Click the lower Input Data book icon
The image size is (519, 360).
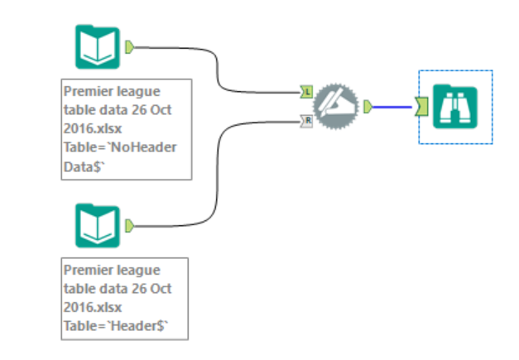[98, 223]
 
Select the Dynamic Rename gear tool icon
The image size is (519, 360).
[336, 105]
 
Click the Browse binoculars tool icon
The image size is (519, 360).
[455, 105]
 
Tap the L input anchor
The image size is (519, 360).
[306, 91]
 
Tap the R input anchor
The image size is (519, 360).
[306, 121]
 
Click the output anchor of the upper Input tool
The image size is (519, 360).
[129, 46]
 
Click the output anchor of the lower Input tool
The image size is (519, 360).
[129, 224]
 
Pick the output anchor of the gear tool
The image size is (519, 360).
[367, 106]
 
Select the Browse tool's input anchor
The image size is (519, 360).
[421, 106]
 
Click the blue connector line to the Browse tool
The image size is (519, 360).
[393, 106]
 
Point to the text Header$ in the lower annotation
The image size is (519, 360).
[142, 327]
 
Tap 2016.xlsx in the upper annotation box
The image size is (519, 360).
[93, 128]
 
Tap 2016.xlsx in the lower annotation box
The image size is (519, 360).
[93, 307]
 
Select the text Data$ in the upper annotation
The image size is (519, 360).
[84, 166]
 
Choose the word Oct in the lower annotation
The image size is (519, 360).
[161, 289]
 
